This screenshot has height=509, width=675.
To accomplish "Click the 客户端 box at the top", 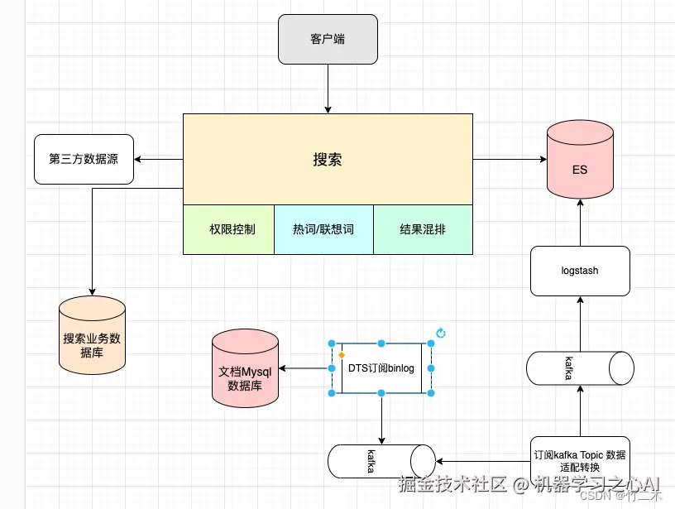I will (328, 39).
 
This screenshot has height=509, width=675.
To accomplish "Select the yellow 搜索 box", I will (328, 159).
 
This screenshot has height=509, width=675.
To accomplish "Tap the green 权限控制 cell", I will (228, 229).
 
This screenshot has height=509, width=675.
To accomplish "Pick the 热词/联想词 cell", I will (323, 229).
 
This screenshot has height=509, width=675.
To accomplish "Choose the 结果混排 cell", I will (423, 229).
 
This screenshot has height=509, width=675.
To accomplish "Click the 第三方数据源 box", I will (84, 159).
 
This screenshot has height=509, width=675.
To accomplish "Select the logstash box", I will (580, 271).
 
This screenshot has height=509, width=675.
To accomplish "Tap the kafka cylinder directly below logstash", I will (580, 368).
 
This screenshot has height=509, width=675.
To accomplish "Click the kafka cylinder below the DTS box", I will (381, 461).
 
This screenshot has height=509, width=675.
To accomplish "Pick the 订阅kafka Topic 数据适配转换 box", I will (580, 460).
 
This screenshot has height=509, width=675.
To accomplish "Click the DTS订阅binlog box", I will (381, 367).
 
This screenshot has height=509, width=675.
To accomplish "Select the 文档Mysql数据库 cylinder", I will (245, 369).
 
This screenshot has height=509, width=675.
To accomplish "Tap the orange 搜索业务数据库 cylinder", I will (92, 334).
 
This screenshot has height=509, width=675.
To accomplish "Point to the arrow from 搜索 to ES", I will (509, 159).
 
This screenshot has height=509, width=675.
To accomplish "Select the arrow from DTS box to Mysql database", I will (306, 367).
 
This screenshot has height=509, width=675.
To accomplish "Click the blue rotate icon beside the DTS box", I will (441, 333).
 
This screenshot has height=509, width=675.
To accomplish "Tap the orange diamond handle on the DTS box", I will (341, 355).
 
